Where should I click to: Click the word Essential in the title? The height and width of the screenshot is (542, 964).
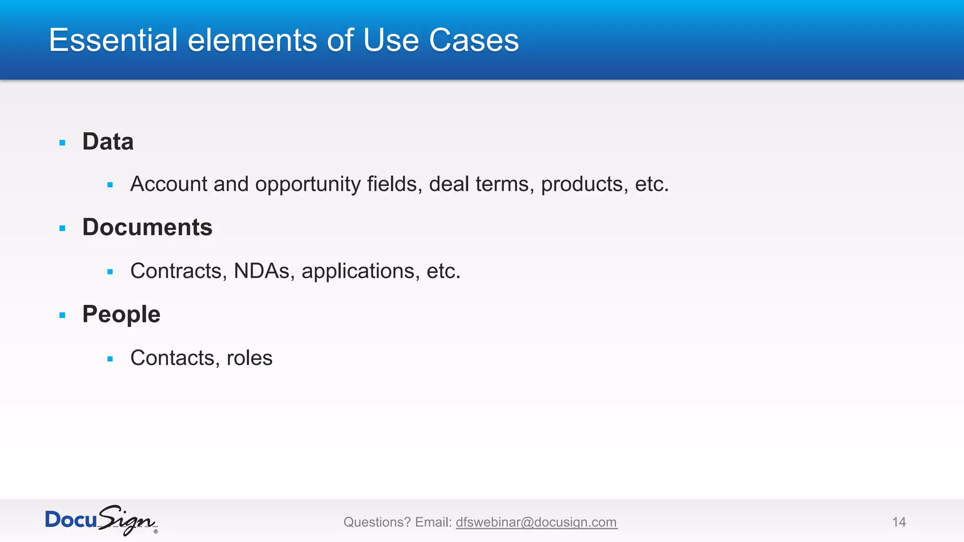(113, 40)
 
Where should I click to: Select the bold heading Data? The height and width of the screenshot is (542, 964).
(108, 142)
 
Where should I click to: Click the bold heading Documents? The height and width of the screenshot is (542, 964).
(147, 227)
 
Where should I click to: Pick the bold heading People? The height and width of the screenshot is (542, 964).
(121, 314)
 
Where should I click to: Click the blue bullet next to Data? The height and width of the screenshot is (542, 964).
(63, 143)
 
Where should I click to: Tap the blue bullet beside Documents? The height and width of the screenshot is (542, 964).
(63, 229)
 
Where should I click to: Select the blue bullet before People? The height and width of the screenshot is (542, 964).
(63, 315)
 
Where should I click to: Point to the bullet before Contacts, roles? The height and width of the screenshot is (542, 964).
(110, 359)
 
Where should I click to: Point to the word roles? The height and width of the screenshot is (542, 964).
(249, 358)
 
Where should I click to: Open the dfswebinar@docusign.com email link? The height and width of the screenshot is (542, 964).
(536, 522)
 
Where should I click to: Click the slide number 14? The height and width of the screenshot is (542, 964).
(899, 522)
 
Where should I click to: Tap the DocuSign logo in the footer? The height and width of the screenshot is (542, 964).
(101, 520)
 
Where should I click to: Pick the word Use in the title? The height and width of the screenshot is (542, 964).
(391, 40)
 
